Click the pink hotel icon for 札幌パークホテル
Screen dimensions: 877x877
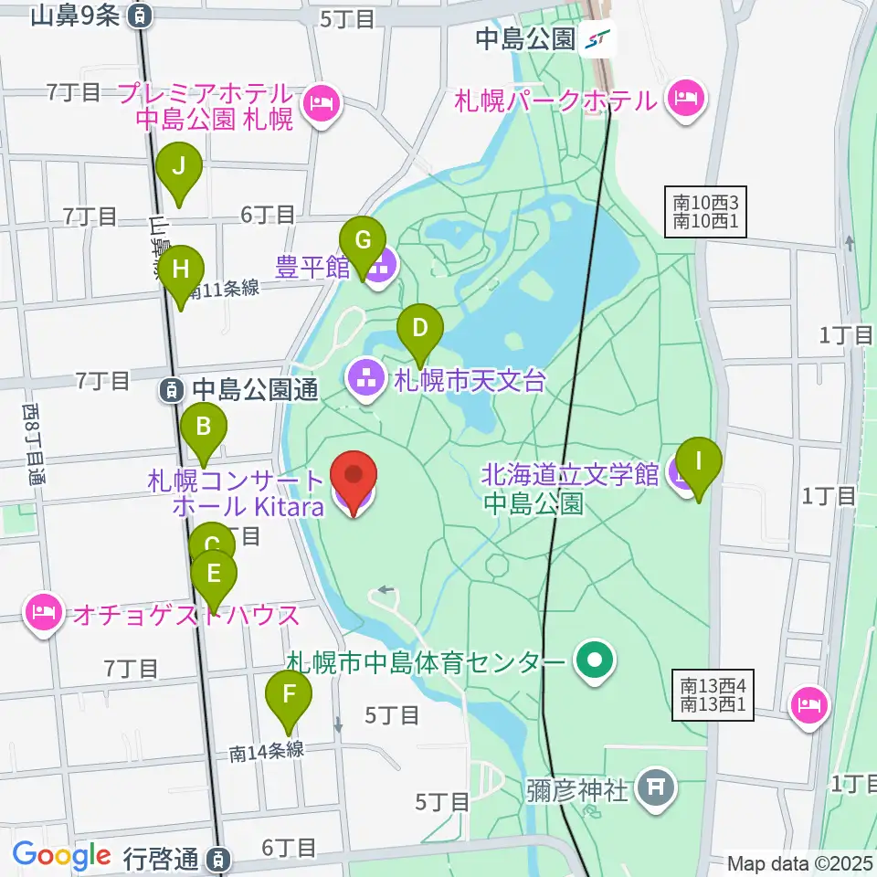tap(688, 98)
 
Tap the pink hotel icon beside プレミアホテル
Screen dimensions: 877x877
tap(322, 106)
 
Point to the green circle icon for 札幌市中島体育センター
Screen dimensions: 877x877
tap(595, 660)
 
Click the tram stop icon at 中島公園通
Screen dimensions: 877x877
tap(172, 390)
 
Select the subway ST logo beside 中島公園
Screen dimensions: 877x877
tap(600, 39)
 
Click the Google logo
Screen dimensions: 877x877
tap(62, 856)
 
